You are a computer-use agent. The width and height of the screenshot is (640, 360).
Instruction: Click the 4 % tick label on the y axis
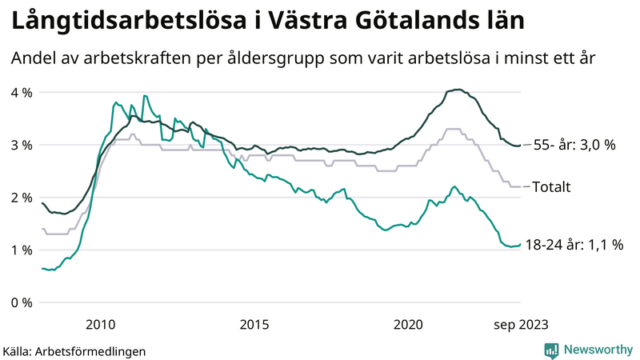[21, 93]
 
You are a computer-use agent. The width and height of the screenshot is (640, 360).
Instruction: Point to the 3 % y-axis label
[21, 145]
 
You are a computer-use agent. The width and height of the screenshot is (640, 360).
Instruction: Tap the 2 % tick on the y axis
[21, 198]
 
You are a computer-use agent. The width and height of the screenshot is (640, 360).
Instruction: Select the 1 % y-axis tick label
[21, 250]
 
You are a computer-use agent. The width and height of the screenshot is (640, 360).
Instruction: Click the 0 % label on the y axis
[21, 302]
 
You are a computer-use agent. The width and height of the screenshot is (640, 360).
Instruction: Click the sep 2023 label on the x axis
[520, 324]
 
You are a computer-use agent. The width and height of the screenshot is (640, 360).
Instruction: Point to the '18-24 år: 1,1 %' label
[574, 246]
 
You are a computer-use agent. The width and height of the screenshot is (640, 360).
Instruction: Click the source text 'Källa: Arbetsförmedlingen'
[74, 350]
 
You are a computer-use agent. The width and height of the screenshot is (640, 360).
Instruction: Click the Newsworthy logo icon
[551, 350]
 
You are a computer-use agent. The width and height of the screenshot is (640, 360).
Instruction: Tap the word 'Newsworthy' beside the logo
[598, 350]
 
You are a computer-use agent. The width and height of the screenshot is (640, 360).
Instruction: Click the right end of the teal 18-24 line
[520, 245]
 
